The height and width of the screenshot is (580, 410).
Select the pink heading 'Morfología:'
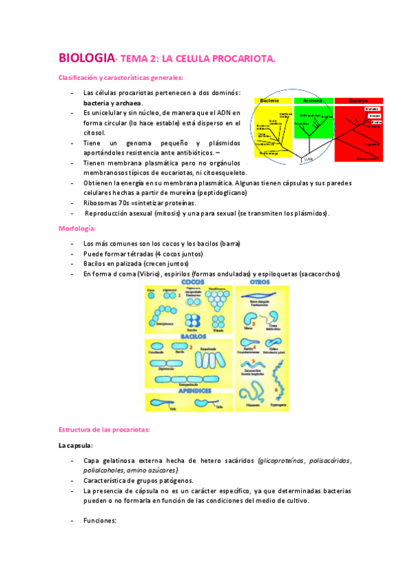tap(77, 228)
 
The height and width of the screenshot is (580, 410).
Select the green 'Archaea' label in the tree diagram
tap(312, 101)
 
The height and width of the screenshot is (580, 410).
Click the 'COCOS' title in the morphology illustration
tap(195, 282)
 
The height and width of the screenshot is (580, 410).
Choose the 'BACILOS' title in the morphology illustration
tap(195, 337)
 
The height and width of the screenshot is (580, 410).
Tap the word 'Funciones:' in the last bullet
tap(100, 520)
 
